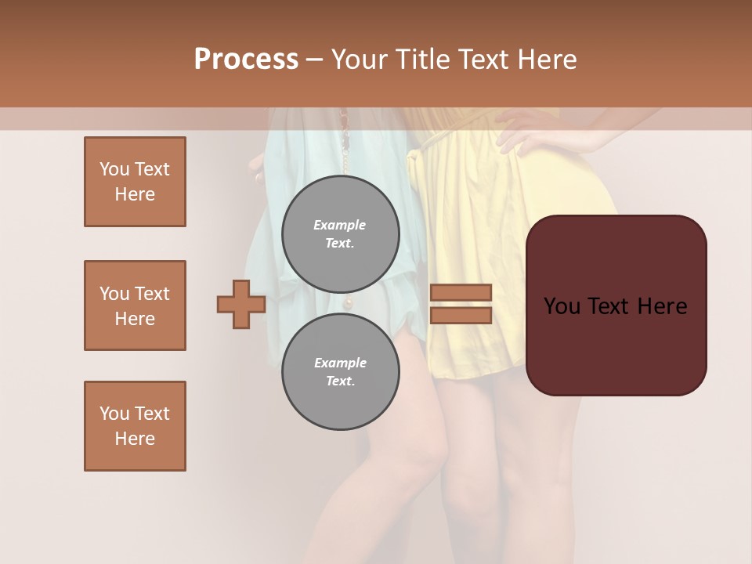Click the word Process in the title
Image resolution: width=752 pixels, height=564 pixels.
tap(246, 60)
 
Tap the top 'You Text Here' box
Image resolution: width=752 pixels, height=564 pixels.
tap(135, 182)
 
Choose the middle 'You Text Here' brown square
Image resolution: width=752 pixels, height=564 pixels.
tap(135, 305)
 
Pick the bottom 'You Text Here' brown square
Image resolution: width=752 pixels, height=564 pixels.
tap(135, 425)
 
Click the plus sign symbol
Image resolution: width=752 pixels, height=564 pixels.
tap(241, 304)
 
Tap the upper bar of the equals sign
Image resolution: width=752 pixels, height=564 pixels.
tap(461, 292)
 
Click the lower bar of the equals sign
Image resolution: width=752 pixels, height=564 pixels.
tap(461, 316)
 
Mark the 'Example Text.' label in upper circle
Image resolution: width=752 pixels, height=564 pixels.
tap(340, 233)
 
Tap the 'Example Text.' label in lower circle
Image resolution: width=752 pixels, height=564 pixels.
tap(340, 371)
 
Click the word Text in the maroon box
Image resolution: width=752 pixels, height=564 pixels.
tap(616, 306)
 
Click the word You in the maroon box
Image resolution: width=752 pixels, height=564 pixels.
tap(562, 306)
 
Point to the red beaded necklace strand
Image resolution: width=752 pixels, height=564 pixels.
tap(343, 125)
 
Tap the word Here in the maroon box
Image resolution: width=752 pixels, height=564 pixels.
tap(662, 306)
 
